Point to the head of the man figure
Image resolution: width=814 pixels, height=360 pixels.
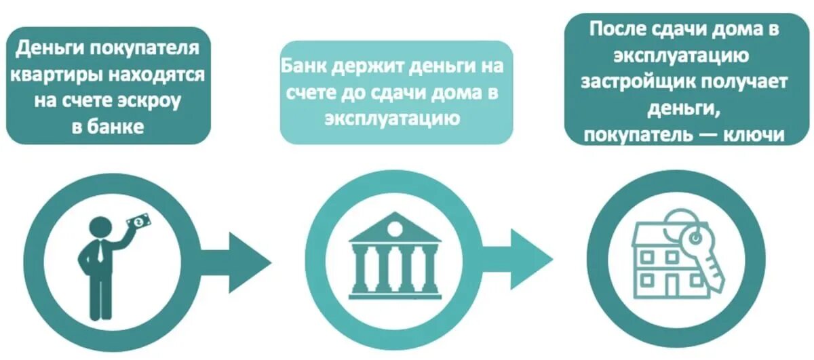[100, 227]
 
